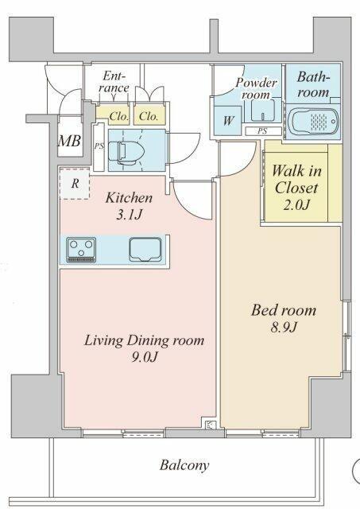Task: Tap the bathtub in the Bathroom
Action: point(313,121)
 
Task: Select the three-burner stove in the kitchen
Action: point(81,249)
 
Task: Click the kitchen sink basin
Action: point(145,249)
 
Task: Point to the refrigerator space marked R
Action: point(75,184)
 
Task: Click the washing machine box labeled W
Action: point(227,120)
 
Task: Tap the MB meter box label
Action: point(69,142)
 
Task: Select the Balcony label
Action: point(184,465)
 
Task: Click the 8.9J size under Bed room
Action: point(284,328)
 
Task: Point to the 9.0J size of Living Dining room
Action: point(145,357)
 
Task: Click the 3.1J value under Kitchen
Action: point(129,215)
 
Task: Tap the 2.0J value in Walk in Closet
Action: point(296,205)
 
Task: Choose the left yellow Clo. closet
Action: point(113,115)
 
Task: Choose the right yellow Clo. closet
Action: point(150,115)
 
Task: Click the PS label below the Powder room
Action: point(262,131)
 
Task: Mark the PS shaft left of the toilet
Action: point(99,146)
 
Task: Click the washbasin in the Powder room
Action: point(263,111)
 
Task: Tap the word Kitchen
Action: point(129,198)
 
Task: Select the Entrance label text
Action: point(114,82)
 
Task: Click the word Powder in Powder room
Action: point(256,83)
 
